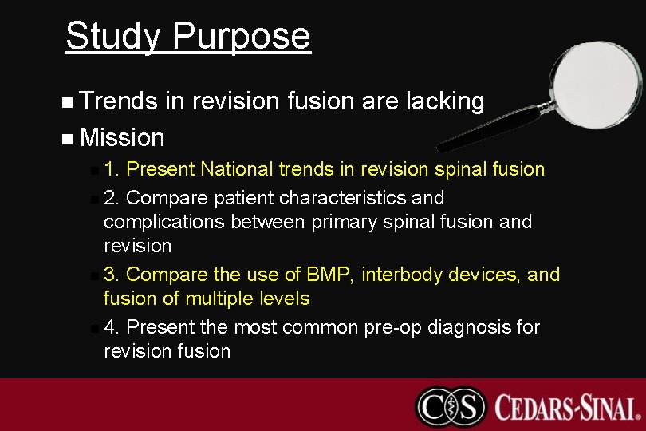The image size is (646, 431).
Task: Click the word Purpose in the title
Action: coord(241,37)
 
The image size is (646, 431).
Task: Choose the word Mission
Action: coord(122,138)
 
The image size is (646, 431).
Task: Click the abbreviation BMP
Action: coord(328,275)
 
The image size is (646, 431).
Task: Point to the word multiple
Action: coord(222,299)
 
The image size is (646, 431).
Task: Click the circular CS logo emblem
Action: coord(451,406)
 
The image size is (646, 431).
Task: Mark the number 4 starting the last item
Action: coord(111,327)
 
